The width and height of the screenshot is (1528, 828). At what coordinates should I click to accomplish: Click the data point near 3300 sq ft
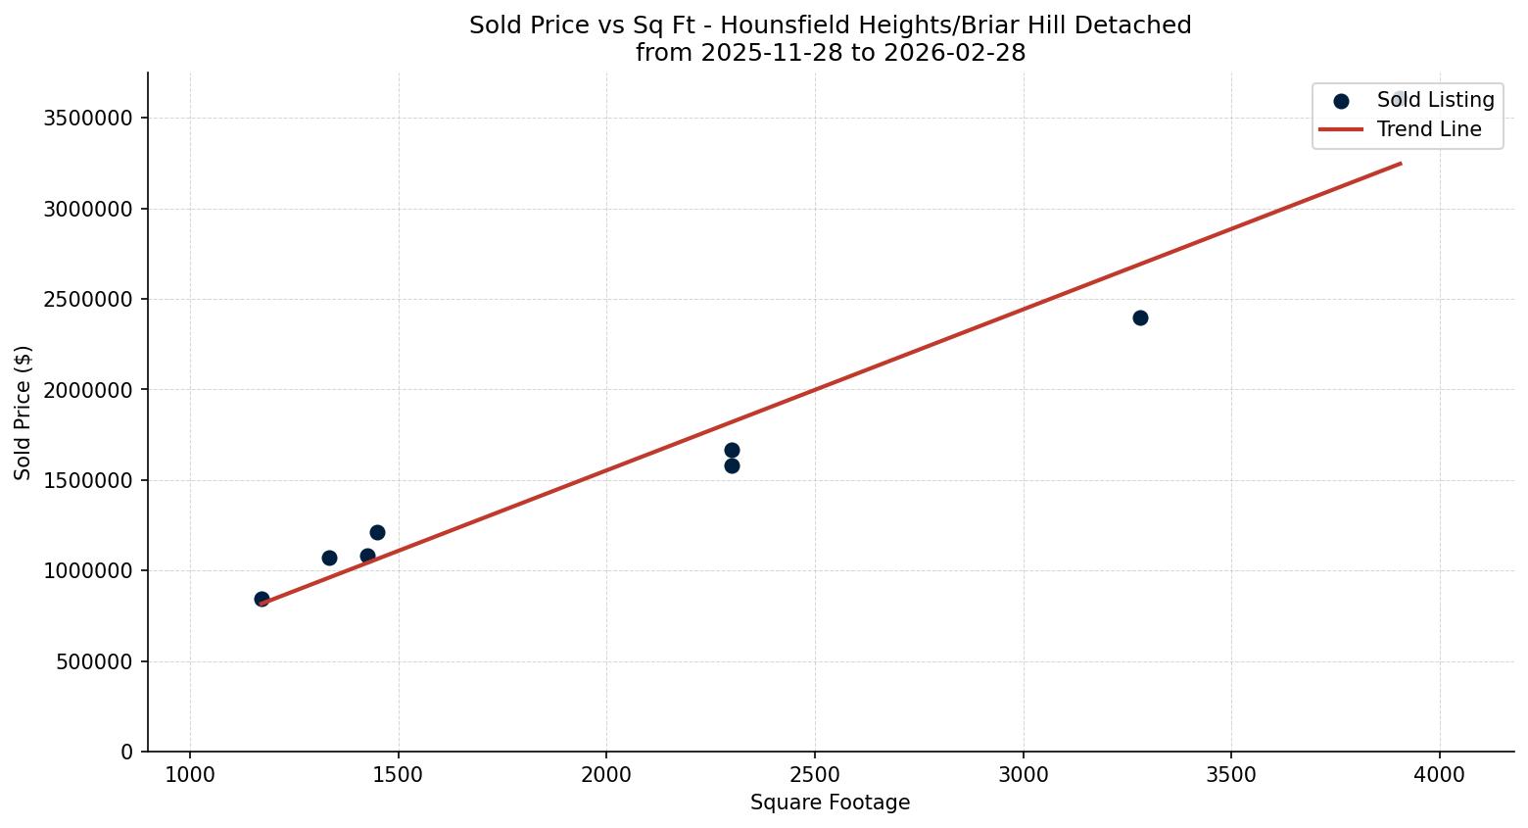pos(1140,317)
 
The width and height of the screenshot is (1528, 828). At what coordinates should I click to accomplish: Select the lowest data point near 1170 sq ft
pos(262,599)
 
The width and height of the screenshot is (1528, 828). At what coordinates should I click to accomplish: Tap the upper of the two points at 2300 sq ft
pos(732,450)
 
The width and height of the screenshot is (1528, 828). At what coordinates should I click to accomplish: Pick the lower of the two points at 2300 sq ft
pos(732,465)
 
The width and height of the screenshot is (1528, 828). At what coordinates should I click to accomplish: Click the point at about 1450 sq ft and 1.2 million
pos(377,532)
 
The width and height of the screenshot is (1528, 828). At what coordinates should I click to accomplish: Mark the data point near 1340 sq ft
pos(329,558)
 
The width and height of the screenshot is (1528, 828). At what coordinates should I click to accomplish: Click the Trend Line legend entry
pos(1428,129)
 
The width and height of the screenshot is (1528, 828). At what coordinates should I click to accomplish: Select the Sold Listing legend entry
pos(1434,100)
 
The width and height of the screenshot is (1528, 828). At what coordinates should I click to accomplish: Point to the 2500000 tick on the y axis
pos(88,300)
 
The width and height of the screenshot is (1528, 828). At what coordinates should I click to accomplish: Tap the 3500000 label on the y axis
pos(88,119)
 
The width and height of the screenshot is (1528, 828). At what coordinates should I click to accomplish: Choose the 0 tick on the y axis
pos(126,752)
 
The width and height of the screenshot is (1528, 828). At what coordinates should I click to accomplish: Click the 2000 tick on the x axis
pos(606,775)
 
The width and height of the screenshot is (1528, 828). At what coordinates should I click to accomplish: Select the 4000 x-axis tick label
pos(1440,775)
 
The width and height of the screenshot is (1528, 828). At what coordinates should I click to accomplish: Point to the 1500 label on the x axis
pos(398,775)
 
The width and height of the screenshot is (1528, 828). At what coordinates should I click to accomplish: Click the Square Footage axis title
pos(830,803)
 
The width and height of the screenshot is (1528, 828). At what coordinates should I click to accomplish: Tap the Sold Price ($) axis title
pos(24,413)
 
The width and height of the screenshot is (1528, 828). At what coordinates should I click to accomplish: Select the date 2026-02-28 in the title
pos(954,53)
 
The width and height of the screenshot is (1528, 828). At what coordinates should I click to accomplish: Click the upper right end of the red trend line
pos(1400,164)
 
